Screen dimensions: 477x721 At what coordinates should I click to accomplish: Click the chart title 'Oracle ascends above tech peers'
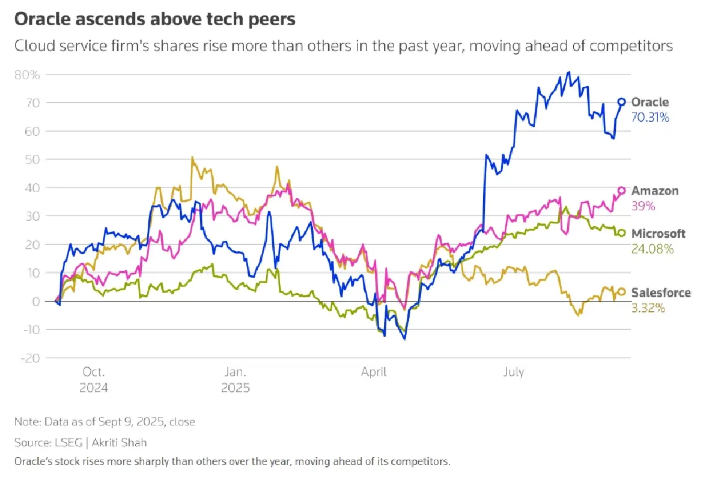click(154, 19)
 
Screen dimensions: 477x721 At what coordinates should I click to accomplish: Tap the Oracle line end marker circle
click(622, 102)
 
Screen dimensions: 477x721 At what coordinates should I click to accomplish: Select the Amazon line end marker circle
click(622, 190)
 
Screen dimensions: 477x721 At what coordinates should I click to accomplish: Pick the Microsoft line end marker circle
click(622, 233)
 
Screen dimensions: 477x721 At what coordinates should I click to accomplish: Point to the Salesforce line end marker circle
click(622, 291)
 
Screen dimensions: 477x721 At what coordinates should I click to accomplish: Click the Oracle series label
click(650, 103)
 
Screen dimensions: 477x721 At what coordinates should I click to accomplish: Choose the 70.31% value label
click(650, 118)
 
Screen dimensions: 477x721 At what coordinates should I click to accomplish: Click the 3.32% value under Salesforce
click(648, 308)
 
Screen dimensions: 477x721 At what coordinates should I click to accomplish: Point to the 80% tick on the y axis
click(27, 75)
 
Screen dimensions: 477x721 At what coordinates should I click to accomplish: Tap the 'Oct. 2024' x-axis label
click(94, 380)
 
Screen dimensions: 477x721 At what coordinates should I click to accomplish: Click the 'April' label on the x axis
click(374, 372)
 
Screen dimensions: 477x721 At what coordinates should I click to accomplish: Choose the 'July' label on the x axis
click(514, 372)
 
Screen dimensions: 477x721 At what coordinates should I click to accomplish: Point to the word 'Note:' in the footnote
click(28, 422)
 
